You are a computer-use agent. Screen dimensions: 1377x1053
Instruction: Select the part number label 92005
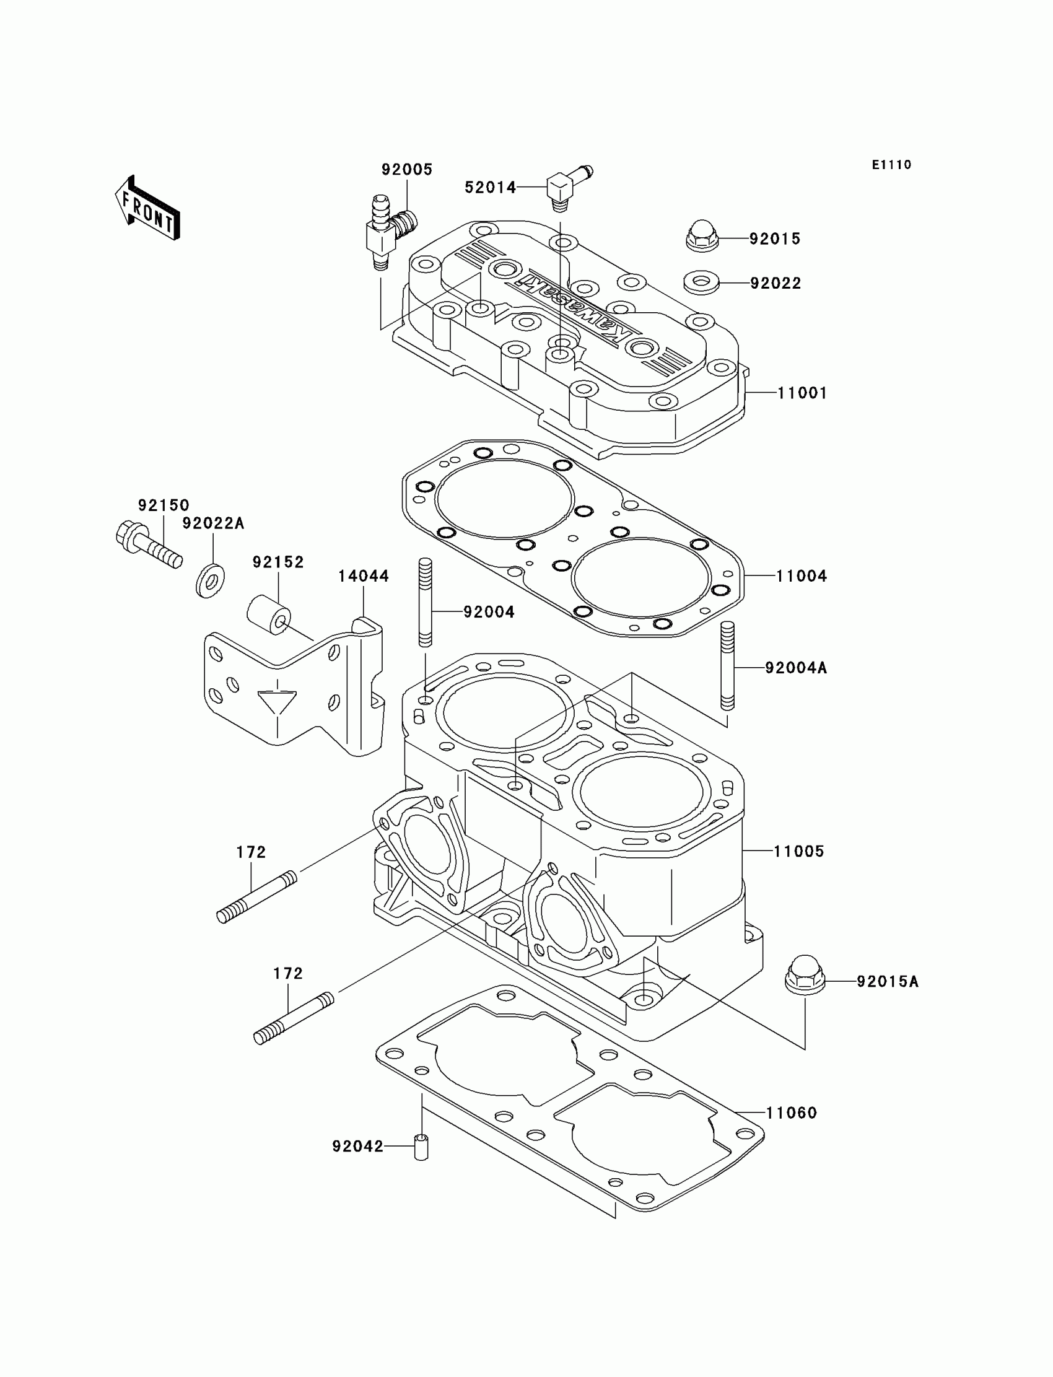click(407, 170)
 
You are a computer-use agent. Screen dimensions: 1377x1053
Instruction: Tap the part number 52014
click(490, 188)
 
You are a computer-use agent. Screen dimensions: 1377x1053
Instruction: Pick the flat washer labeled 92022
click(701, 282)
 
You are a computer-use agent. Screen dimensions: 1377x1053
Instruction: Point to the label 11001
click(802, 393)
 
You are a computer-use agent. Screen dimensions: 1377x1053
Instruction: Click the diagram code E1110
click(891, 165)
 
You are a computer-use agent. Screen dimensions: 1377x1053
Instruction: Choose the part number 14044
click(364, 576)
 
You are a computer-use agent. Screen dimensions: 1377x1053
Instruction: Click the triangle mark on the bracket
click(277, 701)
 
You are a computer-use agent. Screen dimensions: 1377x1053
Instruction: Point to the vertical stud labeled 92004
click(425, 601)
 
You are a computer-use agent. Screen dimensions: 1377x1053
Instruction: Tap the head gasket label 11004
click(801, 576)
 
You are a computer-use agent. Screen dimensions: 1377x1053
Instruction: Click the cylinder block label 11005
click(798, 851)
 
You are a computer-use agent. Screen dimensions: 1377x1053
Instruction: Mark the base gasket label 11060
click(791, 1113)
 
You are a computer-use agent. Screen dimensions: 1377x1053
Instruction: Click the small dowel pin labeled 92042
click(421, 1147)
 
